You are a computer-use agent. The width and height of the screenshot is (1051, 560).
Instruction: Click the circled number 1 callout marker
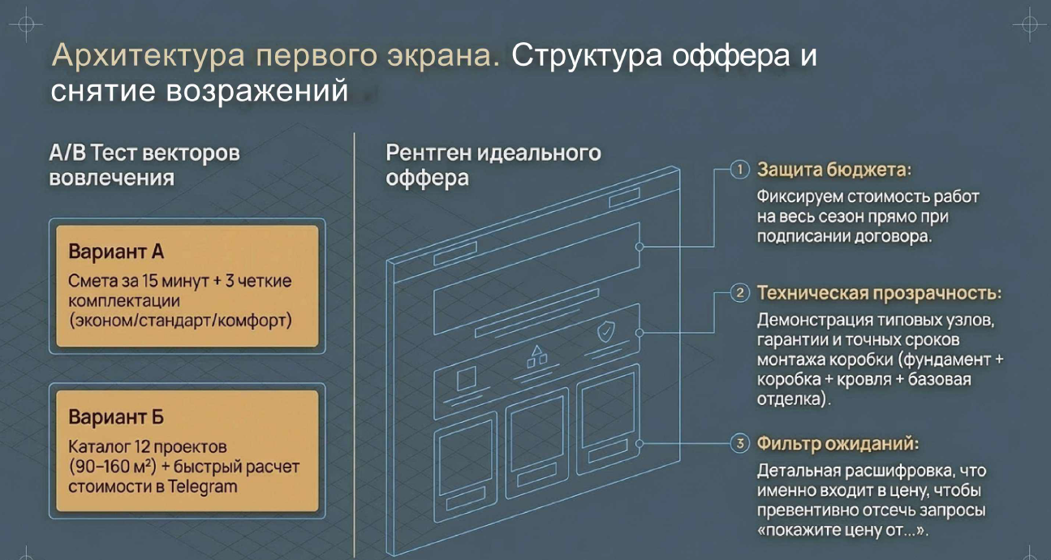point(739,170)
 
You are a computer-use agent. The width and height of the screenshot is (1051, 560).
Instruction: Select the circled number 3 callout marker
point(739,444)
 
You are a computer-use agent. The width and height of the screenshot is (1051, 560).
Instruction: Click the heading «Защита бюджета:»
point(833,170)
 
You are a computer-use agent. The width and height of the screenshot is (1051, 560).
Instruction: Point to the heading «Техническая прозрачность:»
point(879,293)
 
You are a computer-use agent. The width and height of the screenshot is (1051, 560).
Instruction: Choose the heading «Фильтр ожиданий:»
point(838,444)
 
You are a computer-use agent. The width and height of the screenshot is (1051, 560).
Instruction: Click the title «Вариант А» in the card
point(116,251)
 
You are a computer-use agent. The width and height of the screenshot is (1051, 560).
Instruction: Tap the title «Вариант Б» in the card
point(116,417)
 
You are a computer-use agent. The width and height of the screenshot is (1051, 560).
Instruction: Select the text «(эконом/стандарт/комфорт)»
point(180,320)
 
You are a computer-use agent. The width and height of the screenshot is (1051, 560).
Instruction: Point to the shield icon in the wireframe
point(605,332)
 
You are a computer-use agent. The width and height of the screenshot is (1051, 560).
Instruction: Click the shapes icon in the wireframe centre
point(536,355)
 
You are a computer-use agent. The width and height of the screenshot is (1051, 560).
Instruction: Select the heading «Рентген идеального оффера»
point(493,165)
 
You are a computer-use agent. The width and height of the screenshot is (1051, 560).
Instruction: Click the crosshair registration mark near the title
point(25,24)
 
